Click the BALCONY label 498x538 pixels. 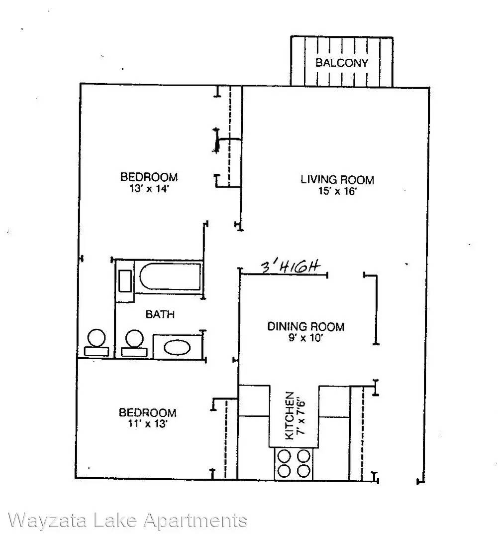[341, 63]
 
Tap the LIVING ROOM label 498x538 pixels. [337, 179]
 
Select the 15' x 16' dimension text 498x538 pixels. [338, 191]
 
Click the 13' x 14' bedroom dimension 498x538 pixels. [149, 188]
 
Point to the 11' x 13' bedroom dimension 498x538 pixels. [148, 423]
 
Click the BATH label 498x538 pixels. [160, 314]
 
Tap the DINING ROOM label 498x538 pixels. [306, 326]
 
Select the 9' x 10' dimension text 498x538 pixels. [306, 338]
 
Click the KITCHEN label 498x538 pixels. [290, 415]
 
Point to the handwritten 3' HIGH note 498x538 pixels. [290, 267]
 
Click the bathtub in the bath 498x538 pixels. [170, 276]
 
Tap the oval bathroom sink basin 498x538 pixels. [177, 347]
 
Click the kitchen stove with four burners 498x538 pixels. [294, 464]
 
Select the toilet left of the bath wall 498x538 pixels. [97, 343]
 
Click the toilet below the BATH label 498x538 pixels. [134, 343]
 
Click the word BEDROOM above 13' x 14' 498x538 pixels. [149, 177]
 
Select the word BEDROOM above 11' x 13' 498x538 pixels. [148, 412]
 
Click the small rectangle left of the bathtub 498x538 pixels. [125, 281]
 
